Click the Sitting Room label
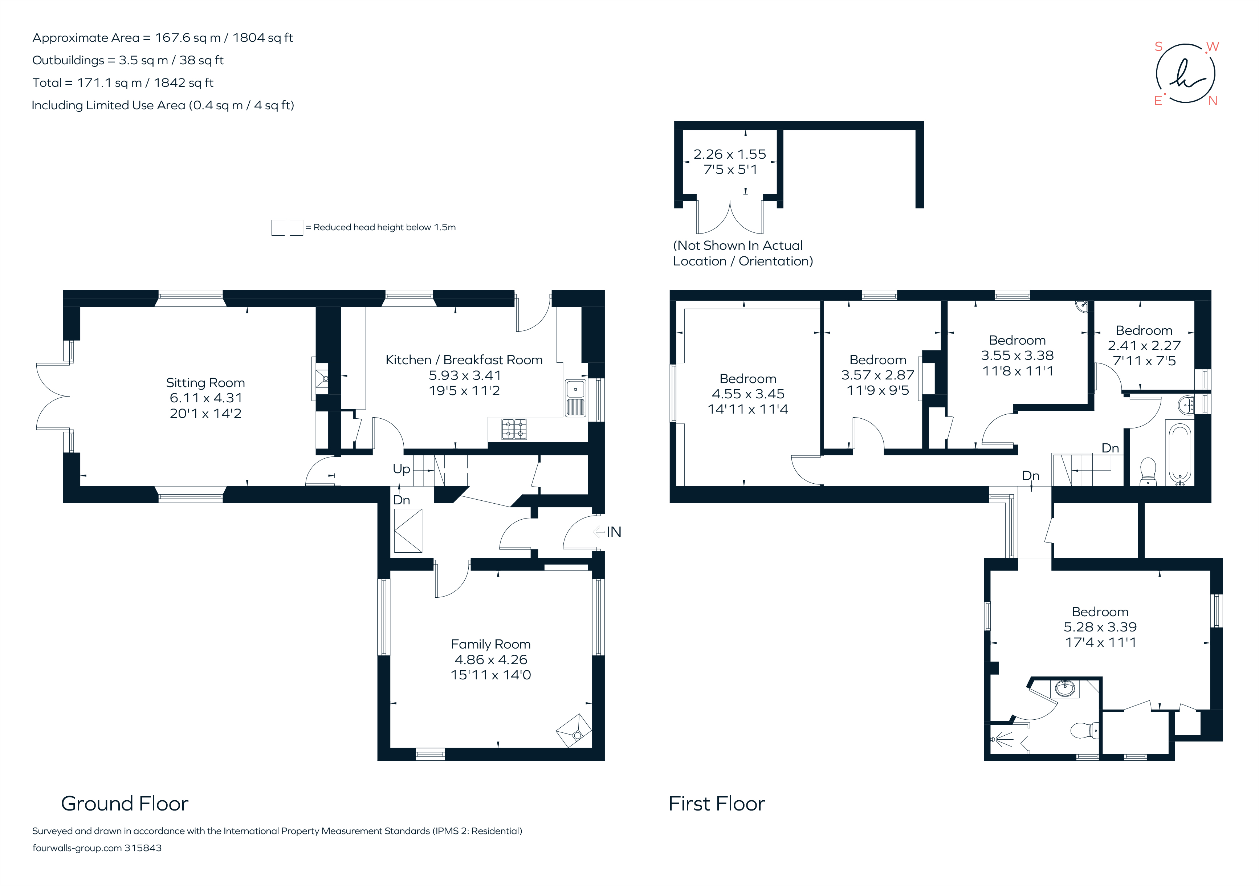point(205,382)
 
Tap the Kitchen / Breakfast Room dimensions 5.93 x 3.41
point(464,375)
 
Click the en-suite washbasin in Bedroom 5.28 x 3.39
point(1065,688)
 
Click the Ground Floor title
point(125,804)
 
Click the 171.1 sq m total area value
point(109,83)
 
